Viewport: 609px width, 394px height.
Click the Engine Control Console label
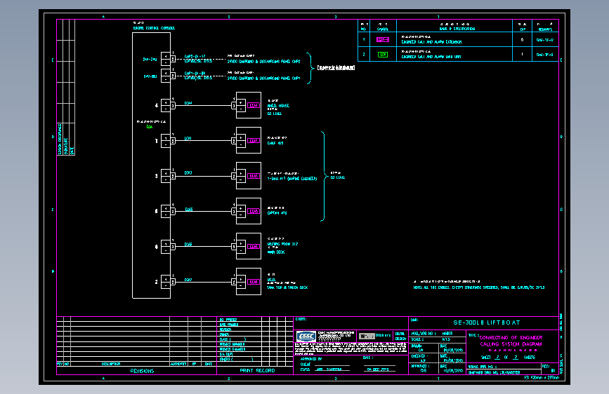click(x=154, y=28)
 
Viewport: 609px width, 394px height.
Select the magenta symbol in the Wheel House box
click(x=253, y=106)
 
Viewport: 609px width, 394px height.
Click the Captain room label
click(x=277, y=212)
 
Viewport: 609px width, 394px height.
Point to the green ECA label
click(x=150, y=127)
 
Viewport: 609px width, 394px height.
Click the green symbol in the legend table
click(x=382, y=54)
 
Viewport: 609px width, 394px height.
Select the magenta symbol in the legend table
click(x=382, y=40)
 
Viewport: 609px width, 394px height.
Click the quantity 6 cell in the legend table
click(x=522, y=40)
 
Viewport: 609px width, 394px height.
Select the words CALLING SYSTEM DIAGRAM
click(x=512, y=344)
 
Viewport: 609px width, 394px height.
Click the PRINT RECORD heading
click(x=257, y=370)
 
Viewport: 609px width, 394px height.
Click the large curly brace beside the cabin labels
click(x=324, y=175)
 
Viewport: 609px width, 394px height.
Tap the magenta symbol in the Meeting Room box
click(x=253, y=247)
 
